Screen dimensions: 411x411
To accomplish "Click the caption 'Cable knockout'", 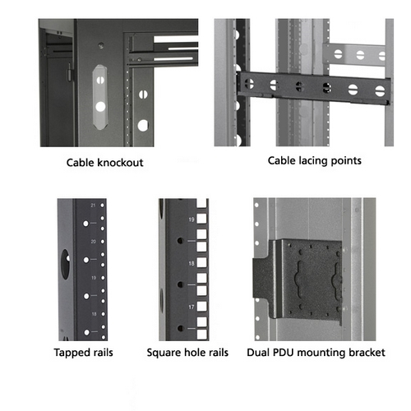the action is click(104, 163).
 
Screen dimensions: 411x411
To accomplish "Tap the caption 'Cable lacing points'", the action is click(315, 161).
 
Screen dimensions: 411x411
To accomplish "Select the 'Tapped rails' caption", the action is click(83, 353).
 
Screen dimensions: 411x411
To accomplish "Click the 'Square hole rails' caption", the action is click(187, 353).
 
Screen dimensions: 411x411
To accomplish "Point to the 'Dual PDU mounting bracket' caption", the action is click(316, 353).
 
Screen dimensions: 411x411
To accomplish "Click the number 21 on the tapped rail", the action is click(93, 205).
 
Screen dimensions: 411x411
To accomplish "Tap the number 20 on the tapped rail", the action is click(94, 242).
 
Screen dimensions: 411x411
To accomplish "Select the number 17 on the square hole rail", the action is click(192, 307).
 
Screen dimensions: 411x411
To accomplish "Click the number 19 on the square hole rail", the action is click(192, 219).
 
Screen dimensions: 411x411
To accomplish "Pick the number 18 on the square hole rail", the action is click(192, 263).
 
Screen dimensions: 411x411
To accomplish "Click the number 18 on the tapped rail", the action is click(94, 314).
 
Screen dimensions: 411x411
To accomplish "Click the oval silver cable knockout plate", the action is click(100, 97).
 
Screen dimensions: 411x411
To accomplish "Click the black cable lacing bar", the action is click(314, 87).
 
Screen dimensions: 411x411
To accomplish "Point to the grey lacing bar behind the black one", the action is click(355, 54).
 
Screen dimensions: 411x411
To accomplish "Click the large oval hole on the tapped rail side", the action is click(65, 264).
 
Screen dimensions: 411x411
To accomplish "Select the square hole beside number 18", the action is click(201, 262).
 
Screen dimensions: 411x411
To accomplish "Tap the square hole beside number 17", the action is click(201, 307).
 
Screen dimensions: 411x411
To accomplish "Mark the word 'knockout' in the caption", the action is click(120, 163).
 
